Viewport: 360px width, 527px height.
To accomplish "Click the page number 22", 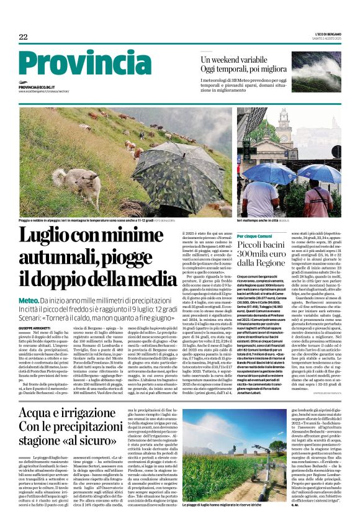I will point(23,37).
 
